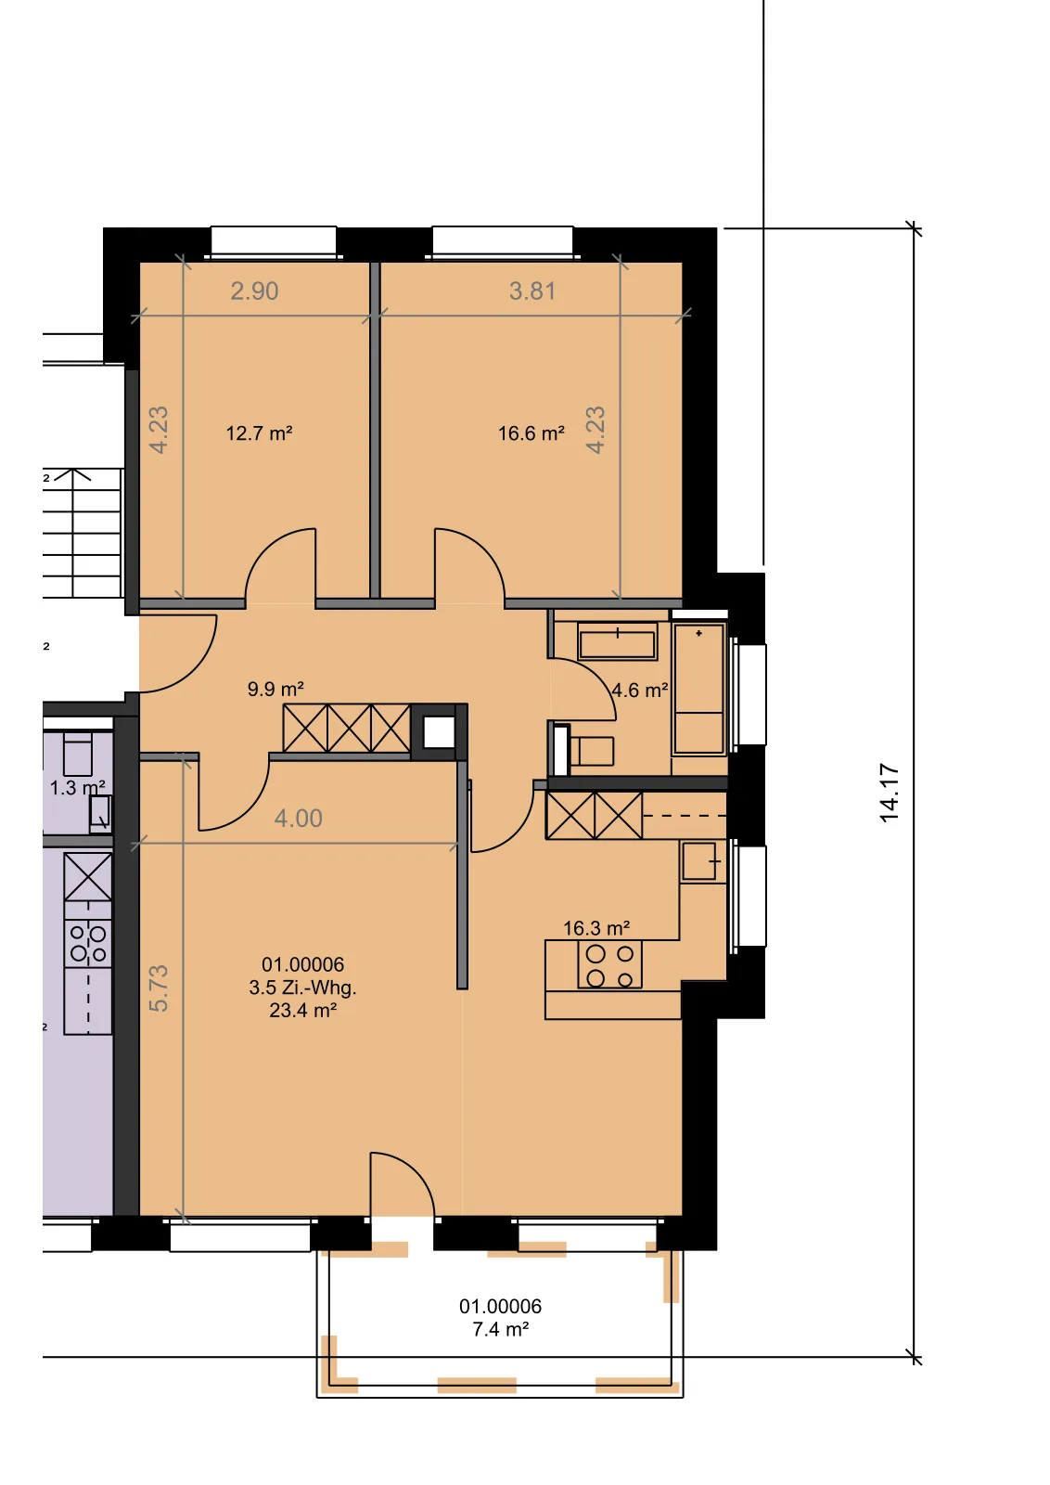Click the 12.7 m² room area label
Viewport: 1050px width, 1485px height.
click(259, 433)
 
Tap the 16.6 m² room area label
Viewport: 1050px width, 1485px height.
click(531, 433)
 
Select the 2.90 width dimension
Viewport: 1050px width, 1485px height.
click(254, 291)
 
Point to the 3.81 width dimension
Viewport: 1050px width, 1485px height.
click(531, 291)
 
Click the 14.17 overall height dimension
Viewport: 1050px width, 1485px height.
click(889, 794)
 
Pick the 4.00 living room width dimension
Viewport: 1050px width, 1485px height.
click(299, 818)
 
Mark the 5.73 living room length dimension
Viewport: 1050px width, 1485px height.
click(159, 988)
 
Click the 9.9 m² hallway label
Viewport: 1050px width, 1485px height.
click(275, 689)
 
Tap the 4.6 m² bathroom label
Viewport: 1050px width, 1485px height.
click(639, 691)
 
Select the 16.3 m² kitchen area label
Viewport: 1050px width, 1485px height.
click(596, 928)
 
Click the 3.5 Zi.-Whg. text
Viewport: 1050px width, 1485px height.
click(302, 988)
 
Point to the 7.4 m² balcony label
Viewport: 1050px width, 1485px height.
click(500, 1329)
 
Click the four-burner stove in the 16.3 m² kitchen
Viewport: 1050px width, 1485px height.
click(609, 965)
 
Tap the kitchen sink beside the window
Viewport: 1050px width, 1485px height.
click(699, 861)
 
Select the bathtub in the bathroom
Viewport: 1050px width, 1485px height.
click(698, 689)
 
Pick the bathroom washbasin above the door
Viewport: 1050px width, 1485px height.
click(618, 641)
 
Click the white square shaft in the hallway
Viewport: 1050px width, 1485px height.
click(439, 732)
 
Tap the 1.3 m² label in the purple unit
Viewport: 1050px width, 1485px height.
click(78, 788)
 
